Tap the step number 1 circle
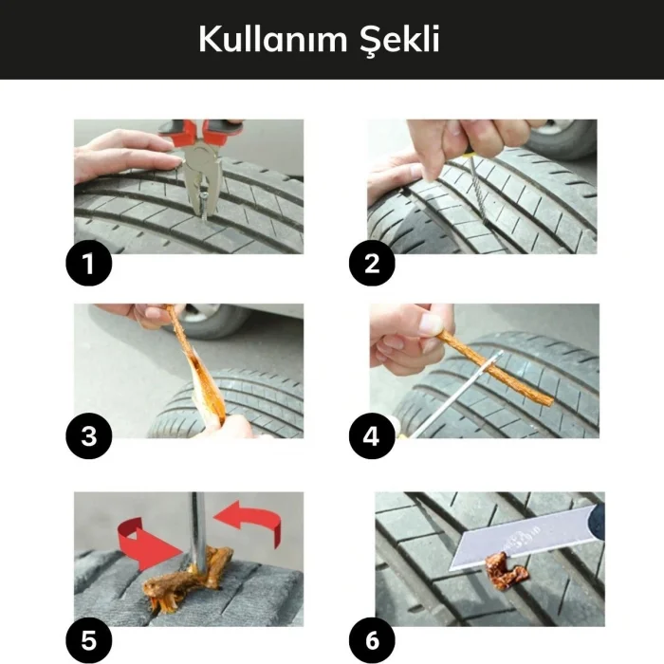point(88,263)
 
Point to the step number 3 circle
point(88,436)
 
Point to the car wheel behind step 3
point(213,320)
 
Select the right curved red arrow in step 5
point(250,523)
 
